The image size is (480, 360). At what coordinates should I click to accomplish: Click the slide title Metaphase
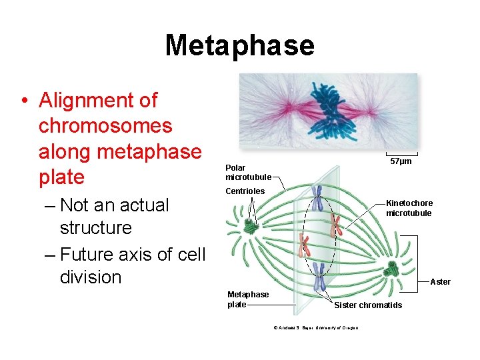tap(239, 45)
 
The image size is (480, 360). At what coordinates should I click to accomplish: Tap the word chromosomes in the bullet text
tap(105, 126)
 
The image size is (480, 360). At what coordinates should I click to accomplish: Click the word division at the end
tap(91, 277)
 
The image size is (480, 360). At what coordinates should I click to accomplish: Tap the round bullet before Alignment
tap(24, 101)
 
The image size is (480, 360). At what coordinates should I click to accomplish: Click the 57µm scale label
tap(401, 161)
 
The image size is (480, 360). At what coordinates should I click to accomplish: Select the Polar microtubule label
tap(248, 173)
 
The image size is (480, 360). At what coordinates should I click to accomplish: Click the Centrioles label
tap(245, 191)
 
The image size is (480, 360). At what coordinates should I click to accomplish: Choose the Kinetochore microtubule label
tap(409, 208)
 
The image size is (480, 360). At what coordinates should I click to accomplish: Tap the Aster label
tap(440, 282)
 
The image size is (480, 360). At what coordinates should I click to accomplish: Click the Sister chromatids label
tap(367, 305)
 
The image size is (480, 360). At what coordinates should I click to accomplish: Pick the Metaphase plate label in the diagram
tap(247, 299)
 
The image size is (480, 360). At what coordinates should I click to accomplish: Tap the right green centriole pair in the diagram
tap(391, 269)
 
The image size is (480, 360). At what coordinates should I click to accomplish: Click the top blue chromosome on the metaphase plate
tap(319, 197)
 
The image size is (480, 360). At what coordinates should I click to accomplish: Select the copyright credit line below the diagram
tap(315, 327)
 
